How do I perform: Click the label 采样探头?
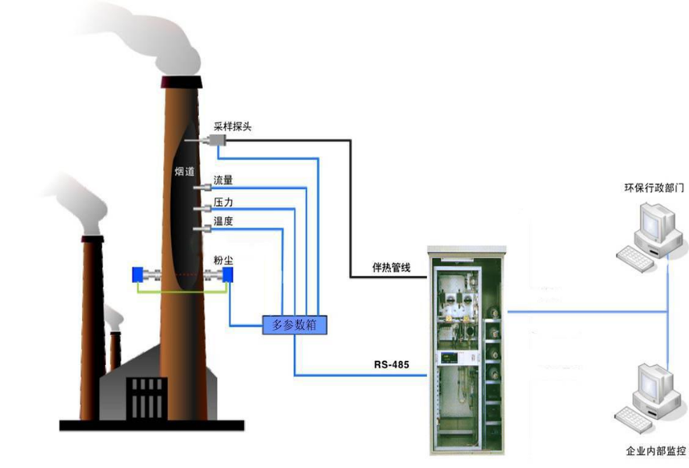pyautogui.click(x=231, y=125)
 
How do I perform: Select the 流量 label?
pyautogui.click(x=223, y=180)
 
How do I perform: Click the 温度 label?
pyautogui.click(x=223, y=222)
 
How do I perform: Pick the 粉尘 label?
pyautogui.click(x=223, y=260)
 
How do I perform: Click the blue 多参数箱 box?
pyautogui.click(x=296, y=324)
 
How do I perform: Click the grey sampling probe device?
pyautogui.click(x=215, y=140)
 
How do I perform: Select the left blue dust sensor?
pyautogui.click(x=137, y=275)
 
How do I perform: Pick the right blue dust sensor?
pyautogui.click(x=228, y=275)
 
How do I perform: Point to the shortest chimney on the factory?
pyautogui.click(x=115, y=351)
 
